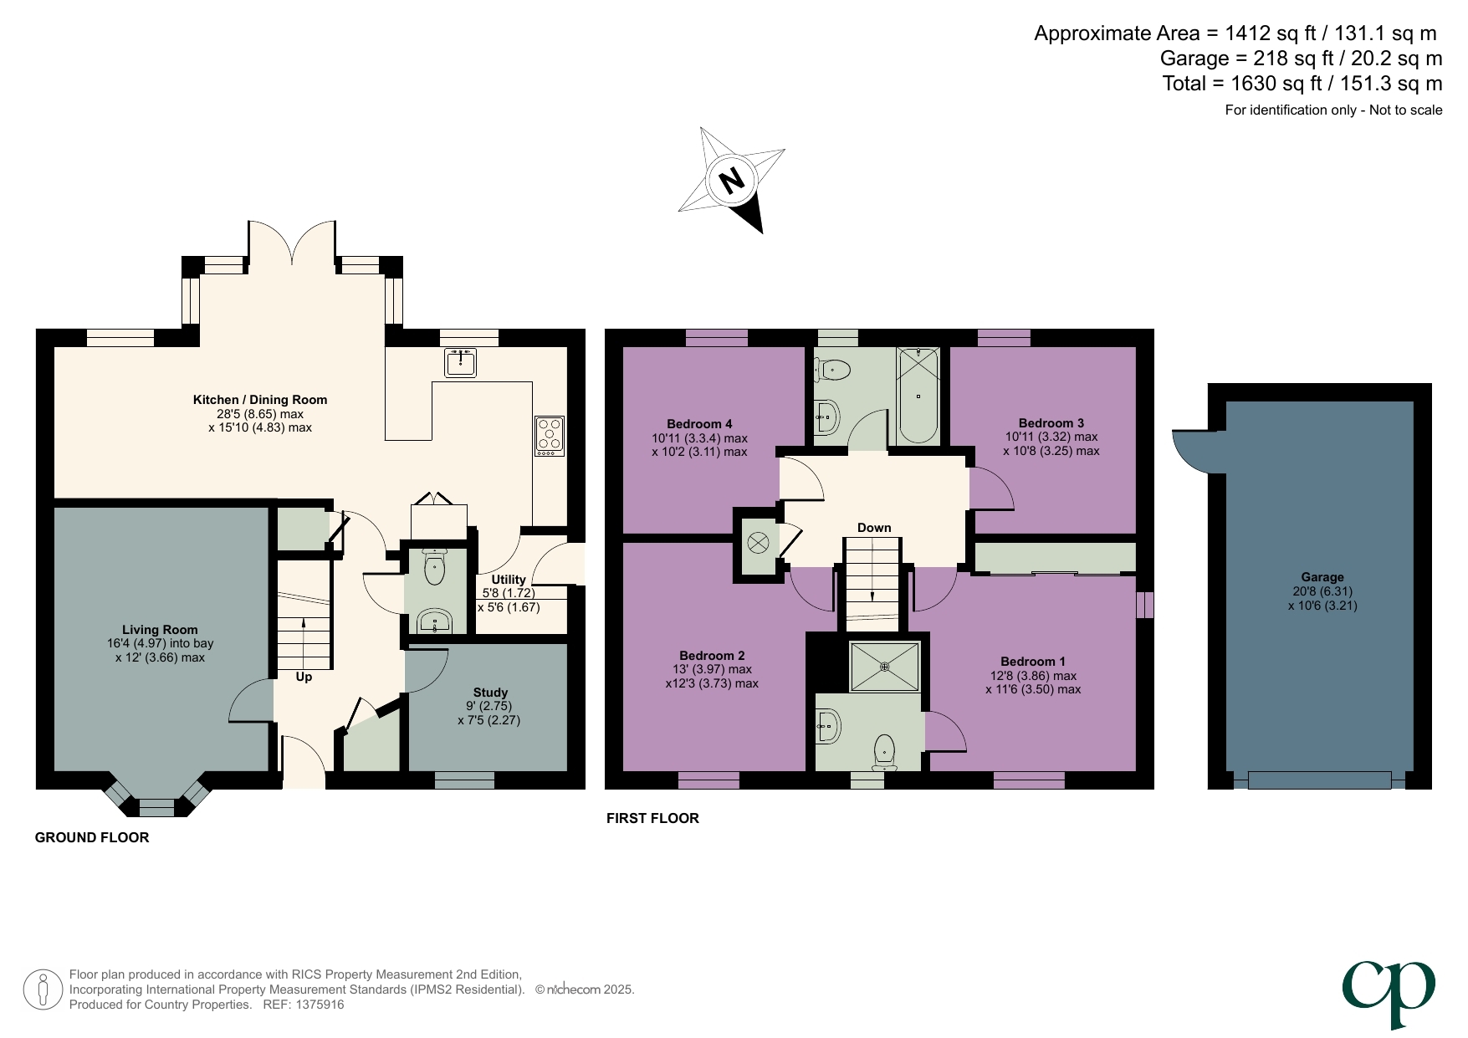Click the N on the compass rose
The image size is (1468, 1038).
(731, 181)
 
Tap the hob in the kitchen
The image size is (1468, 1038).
(550, 436)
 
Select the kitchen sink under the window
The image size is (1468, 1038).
(460, 363)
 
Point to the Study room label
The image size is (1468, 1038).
(490, 693)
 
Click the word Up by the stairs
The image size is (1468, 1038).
(304, 677)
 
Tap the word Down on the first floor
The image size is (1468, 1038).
(874, 528)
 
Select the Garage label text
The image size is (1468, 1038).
(1322, 577)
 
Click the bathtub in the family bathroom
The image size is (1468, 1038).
(918, 396)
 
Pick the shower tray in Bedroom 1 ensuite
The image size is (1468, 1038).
(885, 667)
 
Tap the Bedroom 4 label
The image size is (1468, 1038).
(699, 424)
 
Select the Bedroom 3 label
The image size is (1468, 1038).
(1051, 423)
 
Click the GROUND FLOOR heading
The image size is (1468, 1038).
(92, 837)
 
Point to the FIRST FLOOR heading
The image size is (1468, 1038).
(652, 818)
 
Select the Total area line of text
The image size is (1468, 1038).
(1302, 84)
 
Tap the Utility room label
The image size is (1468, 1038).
(509, 580)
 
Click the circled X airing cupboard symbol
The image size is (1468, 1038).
(757, 543)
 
